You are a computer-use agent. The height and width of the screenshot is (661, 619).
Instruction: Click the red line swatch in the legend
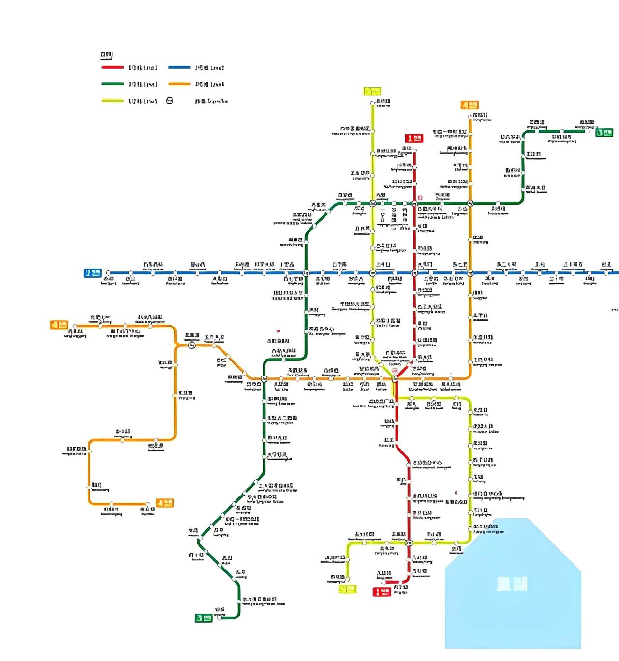click(112, 68)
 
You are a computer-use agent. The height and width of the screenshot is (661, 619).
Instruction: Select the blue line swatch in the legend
click(179, 68)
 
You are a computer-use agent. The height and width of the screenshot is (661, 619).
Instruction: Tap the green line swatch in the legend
click(112, 84)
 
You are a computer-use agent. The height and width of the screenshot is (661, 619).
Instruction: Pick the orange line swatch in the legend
click(179, 84)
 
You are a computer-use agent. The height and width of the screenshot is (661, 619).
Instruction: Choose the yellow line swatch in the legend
click(112, 101)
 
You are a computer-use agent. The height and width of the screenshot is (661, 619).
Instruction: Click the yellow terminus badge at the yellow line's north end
click(372, 91)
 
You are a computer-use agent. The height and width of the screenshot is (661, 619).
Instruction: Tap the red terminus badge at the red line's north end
click(414, 138)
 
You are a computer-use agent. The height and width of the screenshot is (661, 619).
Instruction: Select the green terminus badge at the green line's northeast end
click(604, 132)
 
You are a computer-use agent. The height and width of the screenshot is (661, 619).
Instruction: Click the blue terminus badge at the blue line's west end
click(92, 273)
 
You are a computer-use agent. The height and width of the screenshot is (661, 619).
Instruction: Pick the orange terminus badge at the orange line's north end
click(470, 105)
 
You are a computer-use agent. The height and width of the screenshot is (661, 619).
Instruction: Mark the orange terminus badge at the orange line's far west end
click(59, 325)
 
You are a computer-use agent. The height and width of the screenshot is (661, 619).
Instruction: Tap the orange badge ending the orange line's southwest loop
click(164, 503)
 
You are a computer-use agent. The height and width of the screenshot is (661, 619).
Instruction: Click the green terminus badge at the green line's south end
click(204, 618)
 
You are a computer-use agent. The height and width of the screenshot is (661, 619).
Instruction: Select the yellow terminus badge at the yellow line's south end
click(348, 589)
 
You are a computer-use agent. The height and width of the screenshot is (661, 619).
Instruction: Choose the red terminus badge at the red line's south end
click(382, 591)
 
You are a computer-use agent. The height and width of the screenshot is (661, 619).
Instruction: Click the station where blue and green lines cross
click(306, 273)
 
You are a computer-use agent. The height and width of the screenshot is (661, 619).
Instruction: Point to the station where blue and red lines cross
click(414, 273)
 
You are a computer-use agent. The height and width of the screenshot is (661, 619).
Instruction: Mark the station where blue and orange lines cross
click(470, 273)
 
